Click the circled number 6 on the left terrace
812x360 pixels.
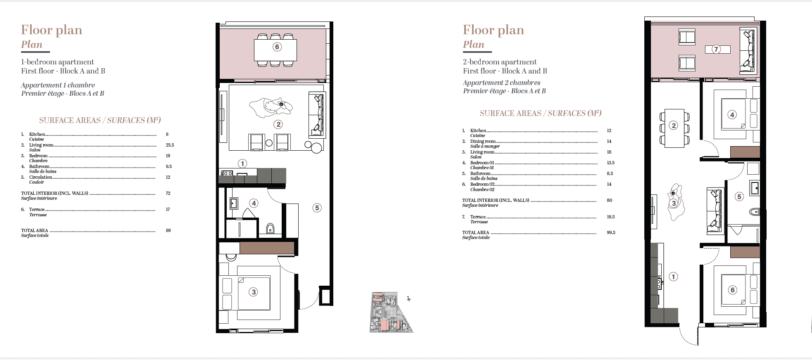coord(277,47)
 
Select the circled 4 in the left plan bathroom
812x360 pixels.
coord(254,203)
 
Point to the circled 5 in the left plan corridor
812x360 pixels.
coord(317,208)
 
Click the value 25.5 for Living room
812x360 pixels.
coord(170,145)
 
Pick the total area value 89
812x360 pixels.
coord(168,230)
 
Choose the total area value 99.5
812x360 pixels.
coord(611,232)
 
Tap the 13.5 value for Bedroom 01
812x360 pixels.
coord(610,163)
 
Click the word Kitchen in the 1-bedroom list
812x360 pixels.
coord(37,134)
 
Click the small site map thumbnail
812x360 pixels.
coord(391,312)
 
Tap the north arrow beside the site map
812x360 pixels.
coord(408,298)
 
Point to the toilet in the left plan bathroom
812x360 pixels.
coord(270,228)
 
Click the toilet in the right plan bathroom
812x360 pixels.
coord(754,212)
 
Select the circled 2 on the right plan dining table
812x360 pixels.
coord(674,126)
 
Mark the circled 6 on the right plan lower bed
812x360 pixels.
coord(733,290)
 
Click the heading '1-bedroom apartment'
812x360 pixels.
coord(57,62)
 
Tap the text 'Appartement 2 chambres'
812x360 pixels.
coord(501,83)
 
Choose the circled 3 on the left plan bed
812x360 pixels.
coord(254,292)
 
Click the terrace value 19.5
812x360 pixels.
coord(610,217)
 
